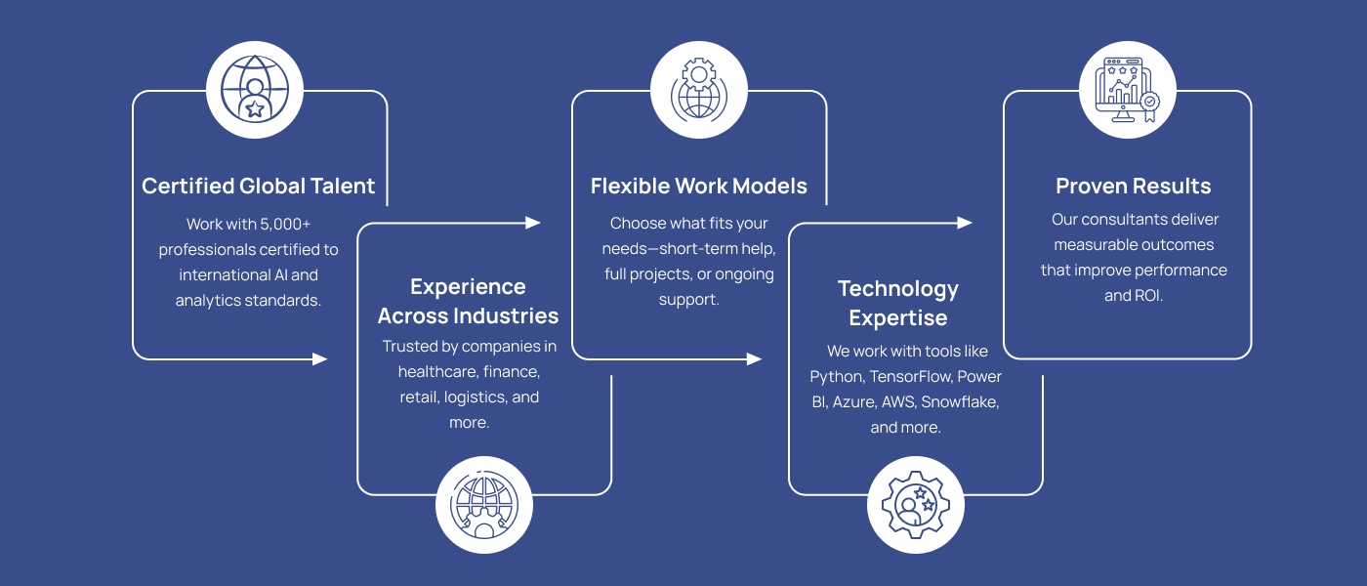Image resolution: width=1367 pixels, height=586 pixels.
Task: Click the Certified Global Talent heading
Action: tap(258, 187)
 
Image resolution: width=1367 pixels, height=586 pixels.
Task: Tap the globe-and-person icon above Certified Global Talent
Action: tap(255, 90)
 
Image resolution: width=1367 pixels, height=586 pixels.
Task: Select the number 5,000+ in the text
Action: tap(285, 225)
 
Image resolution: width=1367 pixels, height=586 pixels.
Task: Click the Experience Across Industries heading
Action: tap(468, 301)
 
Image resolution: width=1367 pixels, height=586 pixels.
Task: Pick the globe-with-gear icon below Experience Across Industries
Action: tap(484, 505)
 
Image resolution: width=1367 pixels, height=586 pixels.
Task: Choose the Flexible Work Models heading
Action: tap(699, 187)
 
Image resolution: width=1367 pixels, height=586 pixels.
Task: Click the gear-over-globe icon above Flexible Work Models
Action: tap(699, 90)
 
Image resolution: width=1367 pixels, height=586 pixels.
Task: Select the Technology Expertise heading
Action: tap(898, 304)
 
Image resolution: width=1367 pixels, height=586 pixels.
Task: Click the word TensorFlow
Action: tap(911, 377)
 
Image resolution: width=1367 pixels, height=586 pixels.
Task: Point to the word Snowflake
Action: tap(960, 402)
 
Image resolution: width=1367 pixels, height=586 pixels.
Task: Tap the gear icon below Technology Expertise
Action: tap(916, 505)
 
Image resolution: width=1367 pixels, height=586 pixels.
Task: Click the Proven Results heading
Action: tap(1134, 187)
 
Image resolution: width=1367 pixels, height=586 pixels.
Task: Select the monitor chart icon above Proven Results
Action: tap(1127, 90)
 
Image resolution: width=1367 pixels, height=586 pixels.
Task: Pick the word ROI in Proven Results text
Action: tap(1147, 296)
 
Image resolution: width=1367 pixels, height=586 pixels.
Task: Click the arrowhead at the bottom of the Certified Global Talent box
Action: tap(320, 359)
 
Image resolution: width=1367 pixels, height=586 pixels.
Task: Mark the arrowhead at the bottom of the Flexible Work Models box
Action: tap(754, 359)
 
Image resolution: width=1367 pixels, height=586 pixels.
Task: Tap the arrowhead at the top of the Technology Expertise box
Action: tap(965, 223)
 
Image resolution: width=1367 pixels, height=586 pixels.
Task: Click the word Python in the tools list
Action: tap(838, 377)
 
